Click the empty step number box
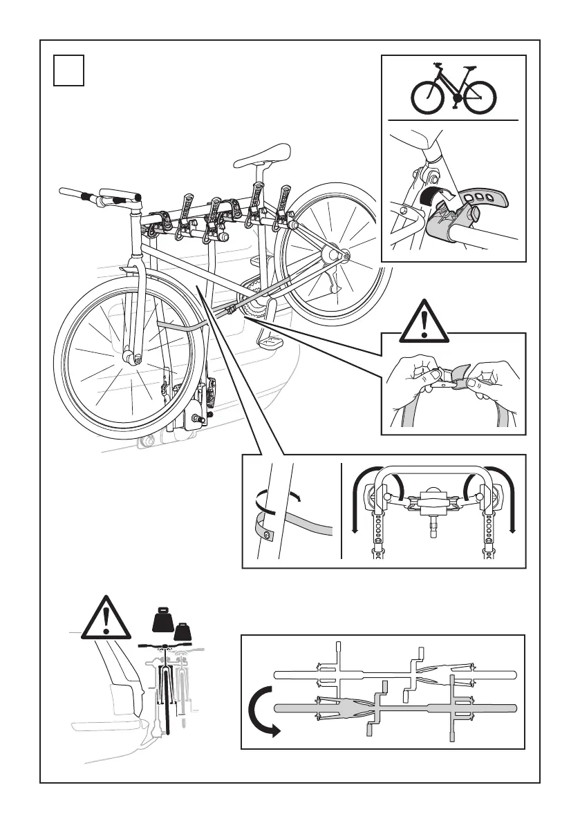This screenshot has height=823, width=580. pyautogui.click(x=69, y=70)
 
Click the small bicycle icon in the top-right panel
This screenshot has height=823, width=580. pyautogui.click(x=453, y=92)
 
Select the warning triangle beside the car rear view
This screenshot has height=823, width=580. pyautogui.click(x=105, y=618)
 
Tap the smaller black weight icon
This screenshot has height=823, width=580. pyautogui.click(x=183, y=632)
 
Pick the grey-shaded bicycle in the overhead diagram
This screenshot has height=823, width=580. pyautogui.click(x=394, y=708)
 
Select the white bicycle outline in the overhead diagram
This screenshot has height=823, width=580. pyautogui.click(x=394, y=674)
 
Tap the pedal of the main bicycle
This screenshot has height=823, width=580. pyautogui.click(x=268, y=341)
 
